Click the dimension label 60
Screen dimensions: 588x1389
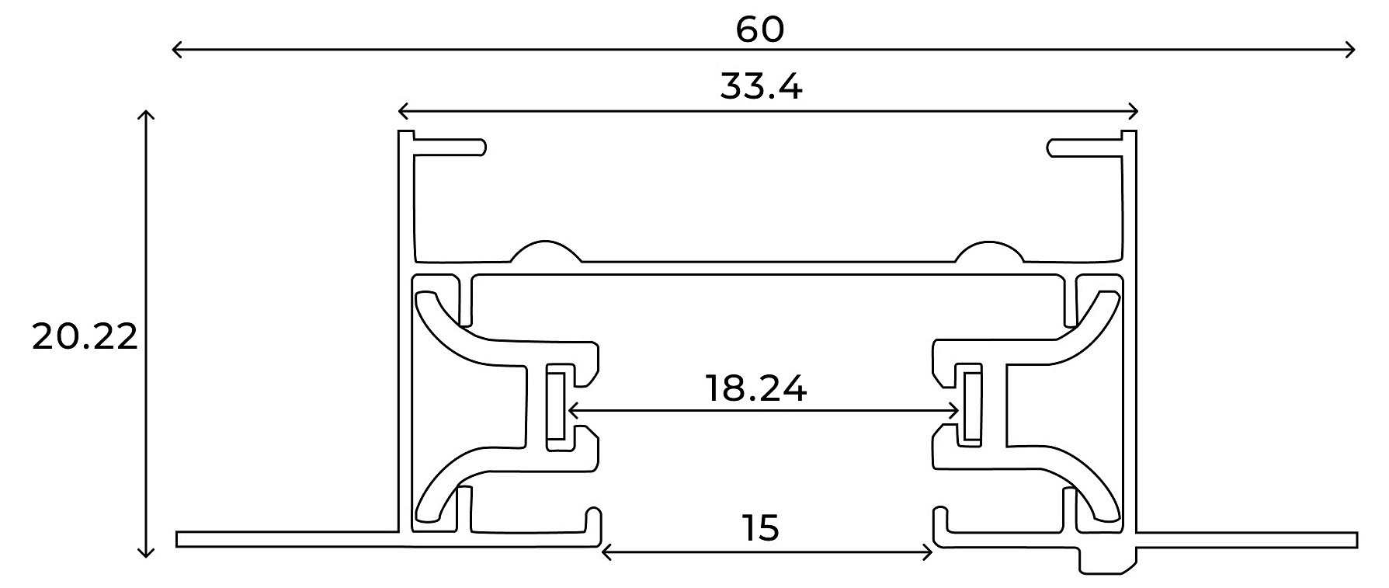click(760, 30)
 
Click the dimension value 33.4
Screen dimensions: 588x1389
click(761, 86)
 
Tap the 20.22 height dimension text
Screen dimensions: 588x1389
click(85, 337)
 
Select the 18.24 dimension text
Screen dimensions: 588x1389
click(755, 388)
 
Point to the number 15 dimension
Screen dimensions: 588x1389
click(759, 528)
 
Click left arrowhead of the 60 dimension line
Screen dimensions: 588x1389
click(175, 50)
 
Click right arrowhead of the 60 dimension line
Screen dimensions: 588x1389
click(1352, 50)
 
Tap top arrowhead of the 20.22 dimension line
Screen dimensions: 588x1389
click(145, 115)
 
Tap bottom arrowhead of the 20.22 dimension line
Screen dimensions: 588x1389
click(145, 554)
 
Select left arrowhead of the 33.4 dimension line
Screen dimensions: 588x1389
click(401, 110)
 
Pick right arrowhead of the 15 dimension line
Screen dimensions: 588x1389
click(929, 552)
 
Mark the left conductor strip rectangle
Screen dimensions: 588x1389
click(556, 406)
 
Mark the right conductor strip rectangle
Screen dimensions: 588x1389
click(970, 406)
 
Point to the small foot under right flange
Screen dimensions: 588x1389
click(1109, 562)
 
